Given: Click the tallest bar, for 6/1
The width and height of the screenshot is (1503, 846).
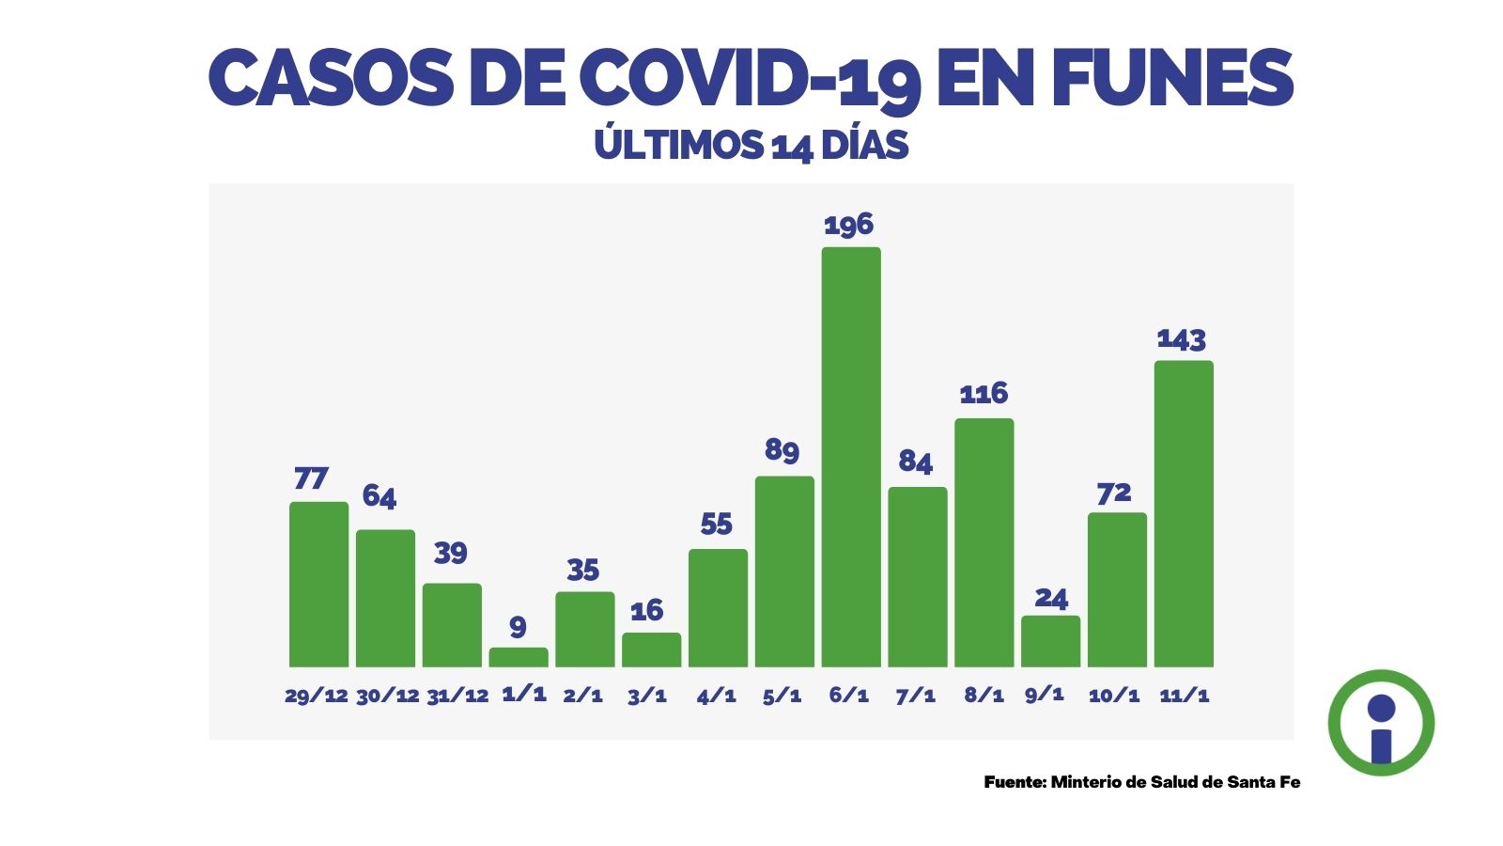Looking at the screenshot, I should [x=851, y=457].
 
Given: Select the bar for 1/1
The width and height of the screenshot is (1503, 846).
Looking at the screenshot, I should [x=519, y=657].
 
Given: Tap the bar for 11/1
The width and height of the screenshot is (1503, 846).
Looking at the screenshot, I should [x=1184, y=513].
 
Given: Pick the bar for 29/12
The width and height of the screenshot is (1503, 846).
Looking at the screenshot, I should [x=318, y=584].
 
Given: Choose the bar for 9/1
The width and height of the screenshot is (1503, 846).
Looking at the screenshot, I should [x=1050, y=641].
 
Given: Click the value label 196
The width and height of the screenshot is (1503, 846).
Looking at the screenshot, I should [x=848, y=225].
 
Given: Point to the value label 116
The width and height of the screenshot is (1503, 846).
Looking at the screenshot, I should [x=984, y=393].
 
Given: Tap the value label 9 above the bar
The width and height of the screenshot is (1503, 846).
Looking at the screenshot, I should [x=518, y=626].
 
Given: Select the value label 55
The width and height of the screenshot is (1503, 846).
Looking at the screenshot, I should [x=716, y=524].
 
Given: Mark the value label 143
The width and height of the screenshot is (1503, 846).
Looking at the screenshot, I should [x=1181, y=338].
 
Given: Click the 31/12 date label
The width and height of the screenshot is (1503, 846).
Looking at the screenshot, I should [x=457, y=697].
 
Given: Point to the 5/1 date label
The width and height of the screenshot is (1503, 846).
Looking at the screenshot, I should [x=782, y=697].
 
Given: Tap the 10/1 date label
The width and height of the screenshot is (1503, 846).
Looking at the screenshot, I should [x=1114, y=697].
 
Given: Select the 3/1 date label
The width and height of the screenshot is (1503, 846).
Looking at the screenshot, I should [x=647, y=697].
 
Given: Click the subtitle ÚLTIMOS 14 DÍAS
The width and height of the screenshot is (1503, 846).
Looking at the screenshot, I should [x=751, y=146].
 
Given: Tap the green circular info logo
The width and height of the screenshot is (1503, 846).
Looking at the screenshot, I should [x=1381, y=723].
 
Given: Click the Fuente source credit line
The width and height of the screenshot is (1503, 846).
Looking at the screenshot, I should [x=1142, y=782].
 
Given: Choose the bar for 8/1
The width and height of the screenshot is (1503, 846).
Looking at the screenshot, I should [x=984, y=542].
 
